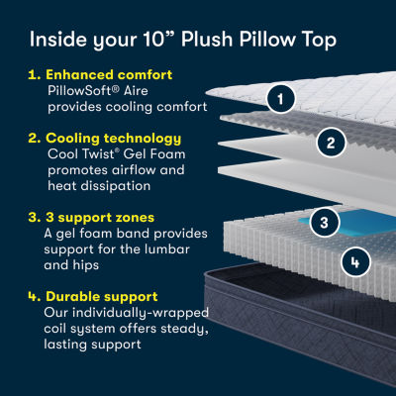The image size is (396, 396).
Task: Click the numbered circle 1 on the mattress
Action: tap(280, 99)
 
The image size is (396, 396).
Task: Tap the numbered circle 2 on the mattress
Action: tap(331, 143)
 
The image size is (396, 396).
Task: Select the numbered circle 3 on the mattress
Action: tap(324, 222)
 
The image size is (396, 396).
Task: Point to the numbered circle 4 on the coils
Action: tap(355, 262)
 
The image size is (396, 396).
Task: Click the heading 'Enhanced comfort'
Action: tap(109, 75)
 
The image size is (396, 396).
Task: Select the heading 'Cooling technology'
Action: tap(113, 139)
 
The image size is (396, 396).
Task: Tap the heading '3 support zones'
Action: tap(100, 218)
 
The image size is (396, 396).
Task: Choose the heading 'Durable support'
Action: tap(102, 296)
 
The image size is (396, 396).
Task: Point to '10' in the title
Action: tap(153, 39)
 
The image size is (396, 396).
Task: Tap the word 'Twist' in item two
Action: tap(99, 153)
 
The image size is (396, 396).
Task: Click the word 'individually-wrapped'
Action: tap(141, 313)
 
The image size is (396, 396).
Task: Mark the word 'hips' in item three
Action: tap(86, 265)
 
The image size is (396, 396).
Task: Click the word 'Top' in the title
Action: tap(319, 41)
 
